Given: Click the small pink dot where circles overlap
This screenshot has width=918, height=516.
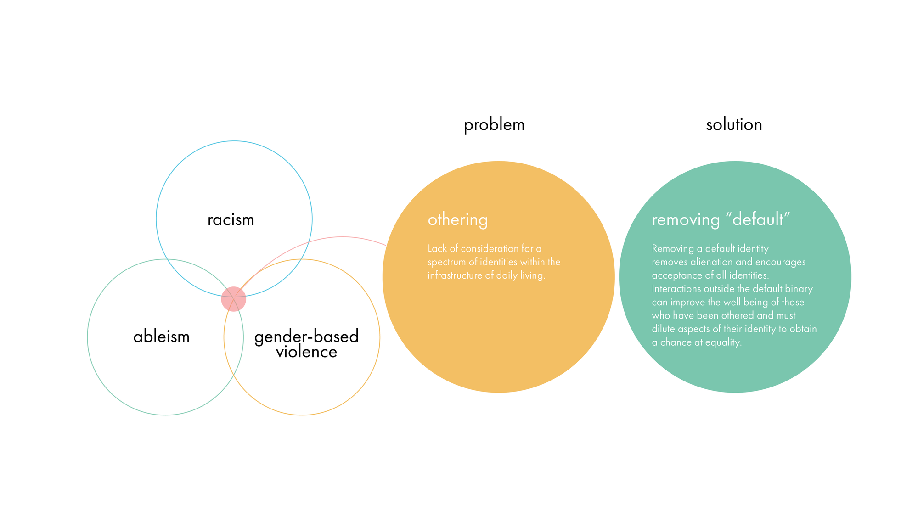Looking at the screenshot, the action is [x=233, y=299].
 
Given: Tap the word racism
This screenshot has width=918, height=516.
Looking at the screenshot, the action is [x=231, y=219].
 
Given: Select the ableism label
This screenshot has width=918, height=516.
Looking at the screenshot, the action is [x=161, y=337].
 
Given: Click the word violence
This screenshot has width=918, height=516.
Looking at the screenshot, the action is [x=306, y=352].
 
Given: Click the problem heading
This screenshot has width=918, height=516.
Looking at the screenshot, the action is [x=494, y=125].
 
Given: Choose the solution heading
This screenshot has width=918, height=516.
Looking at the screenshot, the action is [x=734, y=124].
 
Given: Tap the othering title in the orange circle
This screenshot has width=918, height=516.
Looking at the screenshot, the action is [x=457, y=220].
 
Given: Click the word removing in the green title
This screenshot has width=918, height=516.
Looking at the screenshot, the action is [x=686, y=220].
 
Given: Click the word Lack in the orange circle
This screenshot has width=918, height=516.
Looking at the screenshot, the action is [x=437, y=248].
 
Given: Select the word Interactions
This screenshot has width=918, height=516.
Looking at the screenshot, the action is [x=676, y=289].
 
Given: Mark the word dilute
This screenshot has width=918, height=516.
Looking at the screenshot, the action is [x=663, y=329].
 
